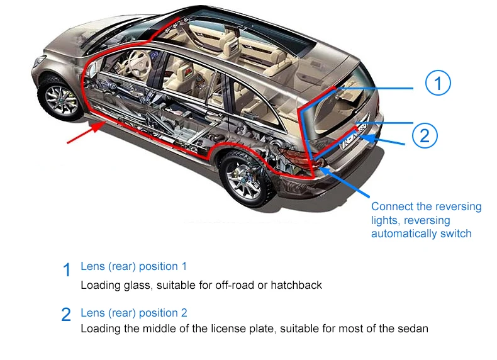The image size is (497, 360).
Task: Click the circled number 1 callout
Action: click(438, 83)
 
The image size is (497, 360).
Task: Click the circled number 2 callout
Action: click(425, 134)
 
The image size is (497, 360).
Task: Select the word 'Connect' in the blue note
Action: click(389, 206)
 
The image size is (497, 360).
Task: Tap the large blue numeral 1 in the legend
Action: click(67, 270)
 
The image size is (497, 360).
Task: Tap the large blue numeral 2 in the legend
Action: click(67, 315)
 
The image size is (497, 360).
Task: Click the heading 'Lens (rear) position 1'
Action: click(134, 266)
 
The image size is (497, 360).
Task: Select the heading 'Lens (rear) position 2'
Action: click(134, 313)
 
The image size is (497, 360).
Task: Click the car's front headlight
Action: click(38, 61)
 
